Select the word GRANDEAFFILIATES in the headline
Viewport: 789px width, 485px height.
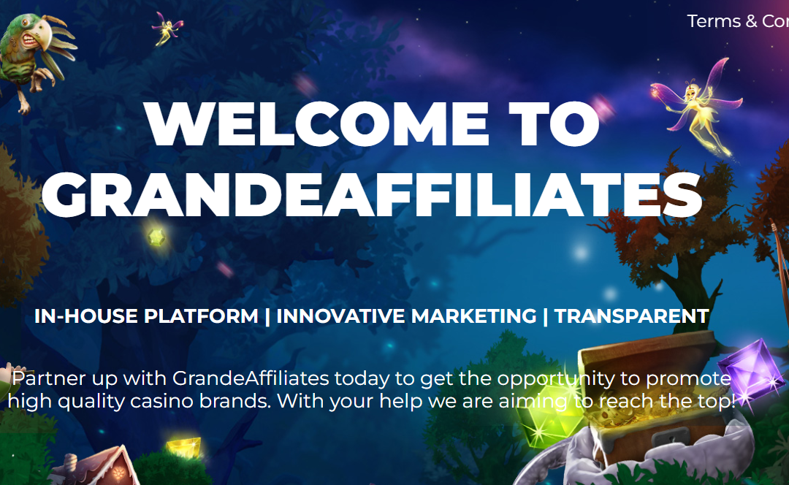(x=372, y=195)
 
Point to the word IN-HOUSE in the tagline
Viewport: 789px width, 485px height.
(x=86, y=316)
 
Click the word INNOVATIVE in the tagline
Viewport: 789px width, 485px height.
(x=341, y=316)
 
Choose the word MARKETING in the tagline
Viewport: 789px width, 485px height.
(x=474, y=316)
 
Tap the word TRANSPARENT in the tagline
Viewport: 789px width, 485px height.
(x=631, y=316)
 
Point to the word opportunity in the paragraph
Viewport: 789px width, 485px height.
(x=556, y=379)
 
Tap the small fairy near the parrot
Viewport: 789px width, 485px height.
(x=167, y=28)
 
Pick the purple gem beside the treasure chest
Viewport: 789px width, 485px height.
(x=751, y=370)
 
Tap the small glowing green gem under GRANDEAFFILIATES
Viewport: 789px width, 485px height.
(x=156, y=237)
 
